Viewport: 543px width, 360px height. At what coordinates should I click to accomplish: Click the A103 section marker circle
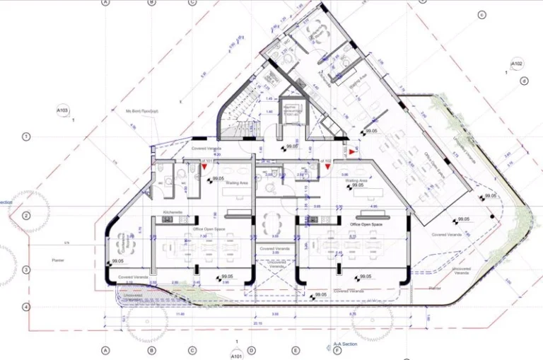coord(62,111)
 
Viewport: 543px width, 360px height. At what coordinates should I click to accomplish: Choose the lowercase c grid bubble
coord(481,15)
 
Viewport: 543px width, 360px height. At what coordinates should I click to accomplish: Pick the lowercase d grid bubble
coord(524,81)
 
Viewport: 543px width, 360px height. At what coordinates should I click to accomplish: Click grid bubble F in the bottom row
coord(337,351)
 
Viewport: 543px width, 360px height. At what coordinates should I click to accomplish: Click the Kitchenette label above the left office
coord(173,212)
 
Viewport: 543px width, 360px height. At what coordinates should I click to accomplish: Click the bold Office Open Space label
coord(366,223)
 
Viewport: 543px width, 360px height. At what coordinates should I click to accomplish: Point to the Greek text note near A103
coord(142,111)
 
